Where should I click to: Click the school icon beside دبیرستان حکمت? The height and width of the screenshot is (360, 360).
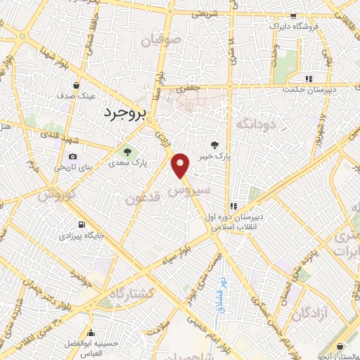308,79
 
